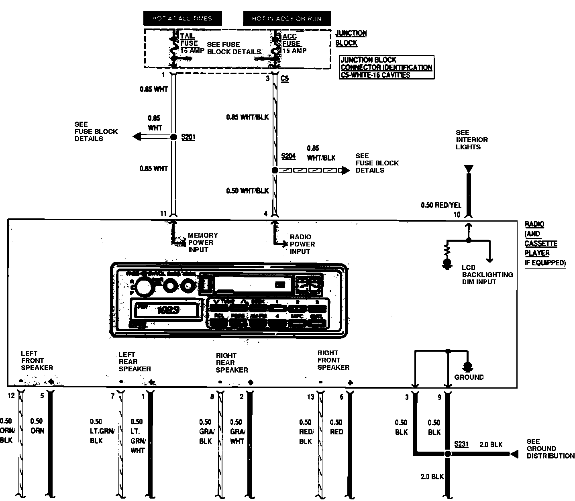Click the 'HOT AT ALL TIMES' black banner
coord(182,18)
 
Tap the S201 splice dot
coord(173,137)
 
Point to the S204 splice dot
coord(275,170)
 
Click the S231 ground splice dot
coord(448,454)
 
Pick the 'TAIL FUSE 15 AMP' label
coord(191,43)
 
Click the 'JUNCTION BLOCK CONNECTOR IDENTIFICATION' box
coord(386,67)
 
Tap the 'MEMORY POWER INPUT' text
coord(203,242)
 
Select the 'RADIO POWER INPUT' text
coord(302,244)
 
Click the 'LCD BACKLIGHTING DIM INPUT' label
coord(487,275)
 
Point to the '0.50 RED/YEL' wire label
coord(441,205)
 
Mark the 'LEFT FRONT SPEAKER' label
coord(37,360)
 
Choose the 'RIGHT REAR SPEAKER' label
coord(232,363)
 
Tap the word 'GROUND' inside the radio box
coord(469,377)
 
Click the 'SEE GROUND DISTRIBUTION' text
coord(550,449)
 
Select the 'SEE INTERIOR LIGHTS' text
coord(471,140)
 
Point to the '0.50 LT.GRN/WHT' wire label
coord(137,436)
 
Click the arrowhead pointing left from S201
coord(137,137)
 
